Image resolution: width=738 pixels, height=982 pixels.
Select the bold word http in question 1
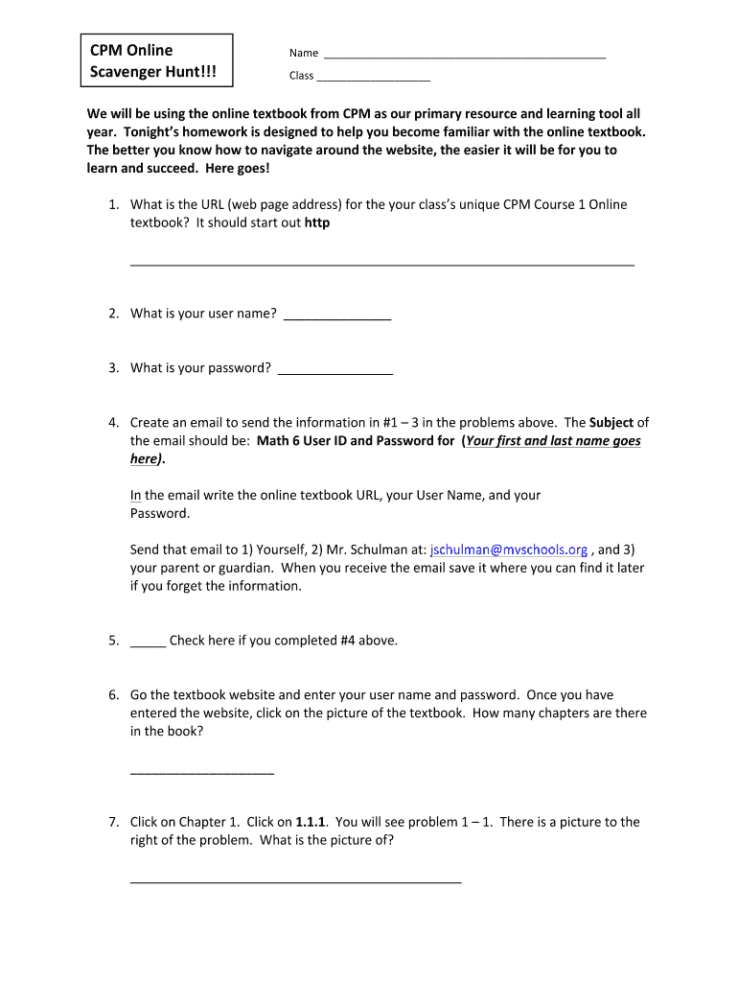(x=317, y=222)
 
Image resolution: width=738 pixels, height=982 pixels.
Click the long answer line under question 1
(x=381, y=263)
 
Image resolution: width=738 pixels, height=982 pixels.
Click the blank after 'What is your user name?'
(x=337, y=318)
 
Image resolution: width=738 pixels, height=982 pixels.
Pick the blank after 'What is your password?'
(x=334, y=372)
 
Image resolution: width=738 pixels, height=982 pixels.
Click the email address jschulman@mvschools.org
(x=509, y=549)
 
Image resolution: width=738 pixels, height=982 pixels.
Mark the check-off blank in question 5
(x=148, y=644)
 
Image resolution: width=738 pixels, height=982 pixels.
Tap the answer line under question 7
(x=295, y=880)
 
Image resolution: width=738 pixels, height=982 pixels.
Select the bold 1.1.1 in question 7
(x=312, y=822)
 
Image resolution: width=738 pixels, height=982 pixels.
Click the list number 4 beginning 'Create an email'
(x=113, y=423)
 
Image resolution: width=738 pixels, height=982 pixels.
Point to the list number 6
(x=113, y=695)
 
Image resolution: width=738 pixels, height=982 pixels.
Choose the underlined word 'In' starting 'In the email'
(x=136, y=496)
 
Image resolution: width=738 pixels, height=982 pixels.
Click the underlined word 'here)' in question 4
(x=145, y=459)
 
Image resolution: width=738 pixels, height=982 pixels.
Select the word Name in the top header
(x=304, y=54)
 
